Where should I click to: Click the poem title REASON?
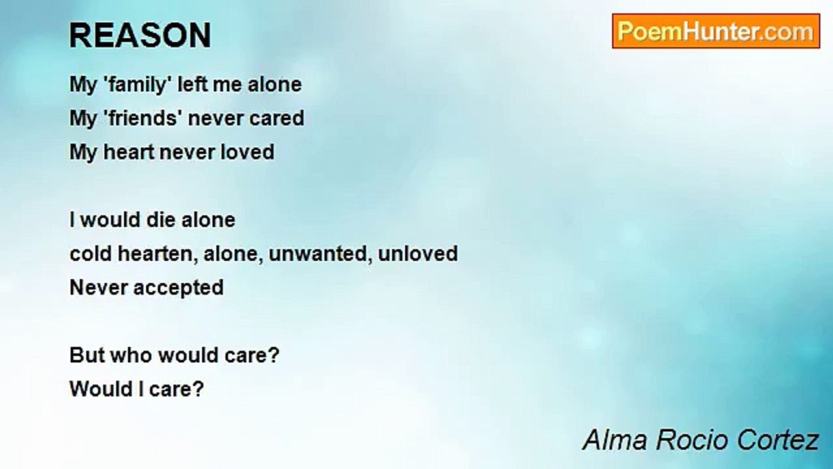tap(140, 35)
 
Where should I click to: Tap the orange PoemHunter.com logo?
tap(716, 31)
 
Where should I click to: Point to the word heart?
tap(129, 152)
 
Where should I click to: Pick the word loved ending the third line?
tap(248, 152)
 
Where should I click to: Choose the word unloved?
tap(418, 254)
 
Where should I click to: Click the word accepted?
tap(178, 288)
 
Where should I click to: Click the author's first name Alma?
tap(616, 440)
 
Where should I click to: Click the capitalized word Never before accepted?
tap(98, 288)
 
